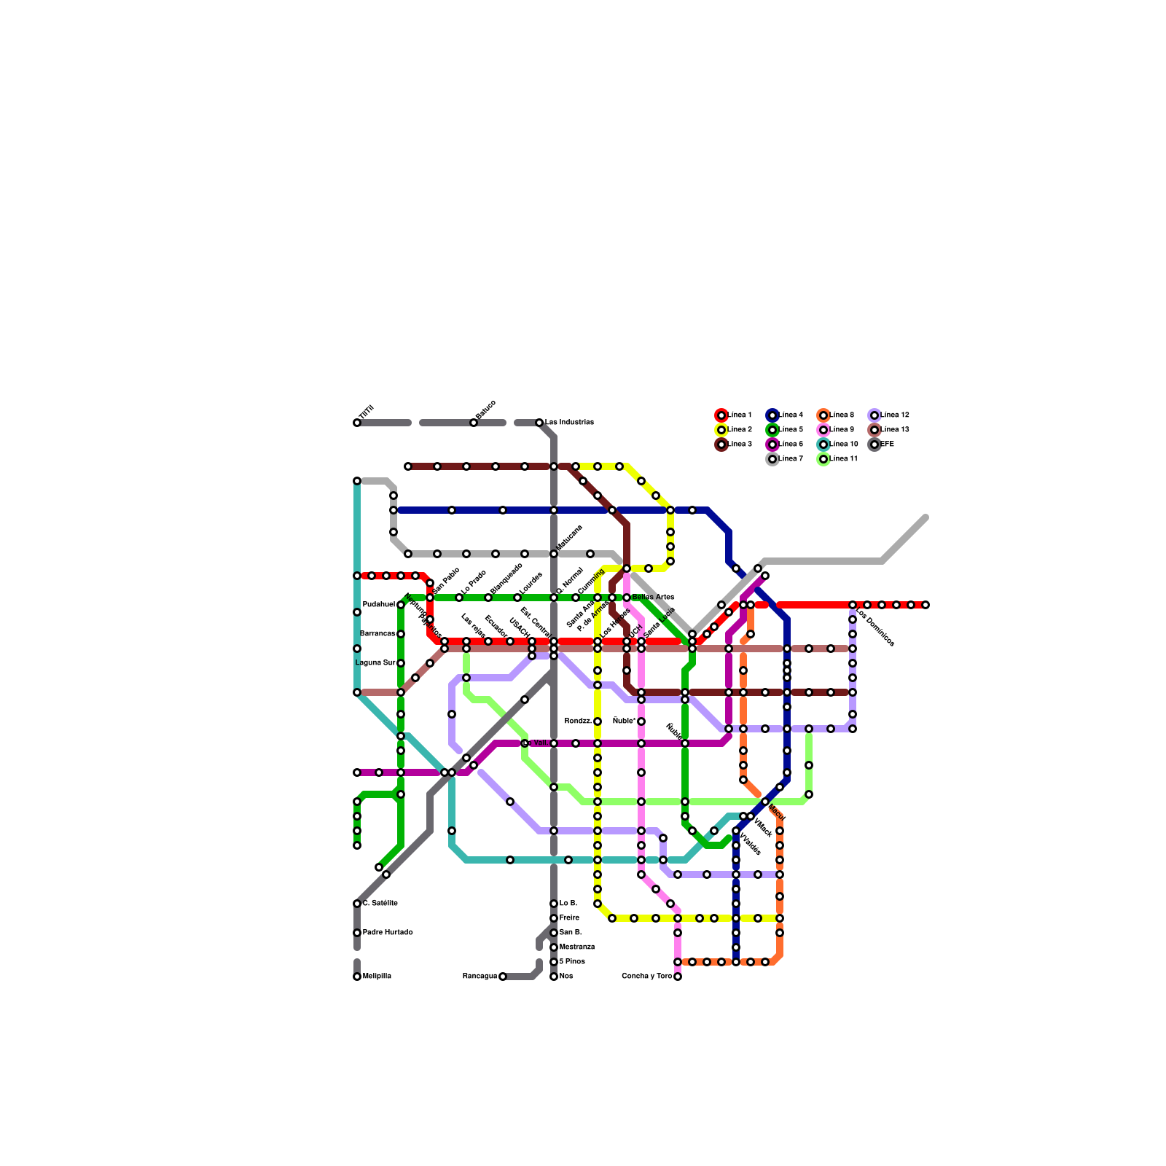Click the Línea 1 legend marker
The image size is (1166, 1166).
pos(721,415)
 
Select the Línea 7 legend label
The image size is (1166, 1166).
pos(791,459)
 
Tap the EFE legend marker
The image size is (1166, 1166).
pos(874,445)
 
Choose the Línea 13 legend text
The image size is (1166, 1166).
pos(895,430)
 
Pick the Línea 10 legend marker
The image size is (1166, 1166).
pos(823,445)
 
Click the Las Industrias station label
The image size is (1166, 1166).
pos(569,423)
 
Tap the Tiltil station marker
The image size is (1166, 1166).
pos(357,423)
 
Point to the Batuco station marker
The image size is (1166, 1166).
pos(474,423)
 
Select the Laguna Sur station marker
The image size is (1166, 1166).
pos(401,663)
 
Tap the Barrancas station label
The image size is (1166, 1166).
pos(377,634)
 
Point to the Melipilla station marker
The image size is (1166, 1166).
pos(357,977)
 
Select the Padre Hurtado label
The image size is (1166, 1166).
pos(388,933)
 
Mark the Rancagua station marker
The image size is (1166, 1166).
pos(503,977)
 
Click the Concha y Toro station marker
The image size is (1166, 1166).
pos(678,977)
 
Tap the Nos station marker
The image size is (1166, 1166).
pos(554,977)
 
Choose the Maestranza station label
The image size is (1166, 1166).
pos(577,947)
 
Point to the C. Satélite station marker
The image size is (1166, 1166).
pos(357,904)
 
